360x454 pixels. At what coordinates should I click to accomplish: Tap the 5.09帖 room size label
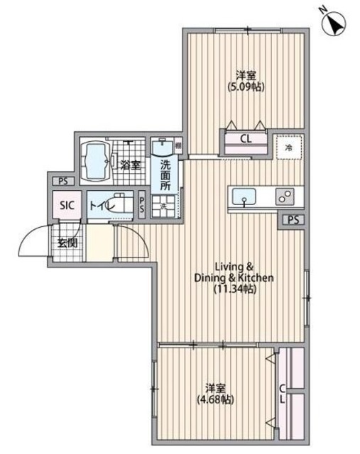(246, 87)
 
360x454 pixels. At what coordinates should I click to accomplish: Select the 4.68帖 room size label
(215, 399)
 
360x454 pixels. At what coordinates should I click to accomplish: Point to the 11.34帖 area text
(235, 289)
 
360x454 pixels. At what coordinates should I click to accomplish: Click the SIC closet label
(67, 205)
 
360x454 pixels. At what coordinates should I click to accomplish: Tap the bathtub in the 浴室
(96, 161)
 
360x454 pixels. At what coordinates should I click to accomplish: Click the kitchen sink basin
(244, 196)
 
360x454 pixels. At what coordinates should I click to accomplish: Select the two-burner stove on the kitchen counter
(285, 197)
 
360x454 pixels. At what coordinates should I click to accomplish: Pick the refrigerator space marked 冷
(289, 148)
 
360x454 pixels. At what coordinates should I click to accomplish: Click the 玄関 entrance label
(67, 243)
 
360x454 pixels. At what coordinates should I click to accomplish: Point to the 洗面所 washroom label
(165, 176)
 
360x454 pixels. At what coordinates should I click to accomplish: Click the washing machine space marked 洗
(163, 206)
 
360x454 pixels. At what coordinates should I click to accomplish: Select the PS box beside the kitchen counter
(293, 220)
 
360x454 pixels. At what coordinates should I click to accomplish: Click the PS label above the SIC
(63, 182)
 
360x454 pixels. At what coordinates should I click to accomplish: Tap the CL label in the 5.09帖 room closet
(246, 139)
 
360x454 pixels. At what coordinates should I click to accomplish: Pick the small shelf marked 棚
(178, 145)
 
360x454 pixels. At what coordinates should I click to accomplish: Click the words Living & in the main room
(234, 266)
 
